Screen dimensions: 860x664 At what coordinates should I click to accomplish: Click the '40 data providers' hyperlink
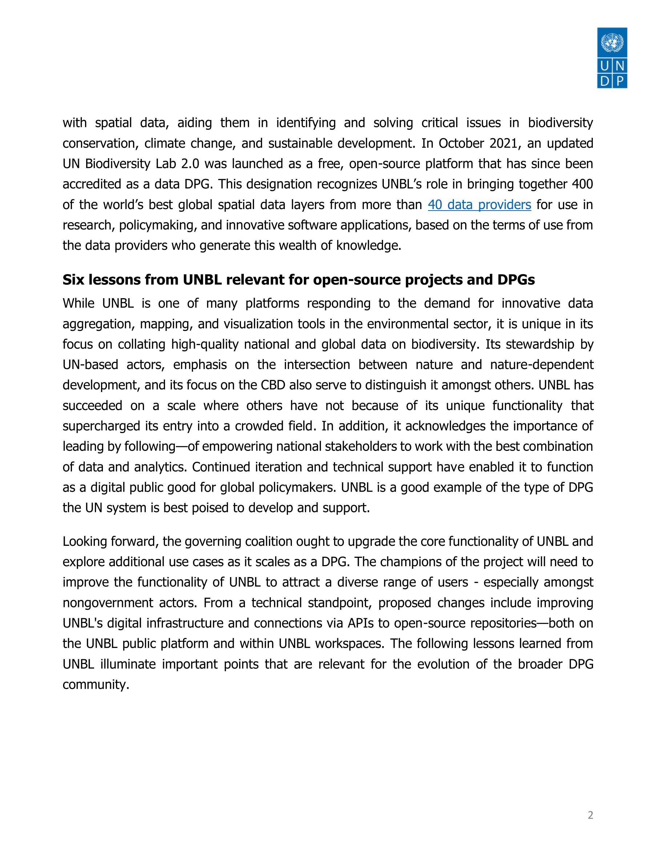click(x=479, y=205)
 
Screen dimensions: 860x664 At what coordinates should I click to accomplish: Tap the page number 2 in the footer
click(x=590, y=816)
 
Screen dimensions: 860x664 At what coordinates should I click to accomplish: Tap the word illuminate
click(x=127, y=664)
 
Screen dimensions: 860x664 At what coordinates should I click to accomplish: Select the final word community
click(x=96, y=685)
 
